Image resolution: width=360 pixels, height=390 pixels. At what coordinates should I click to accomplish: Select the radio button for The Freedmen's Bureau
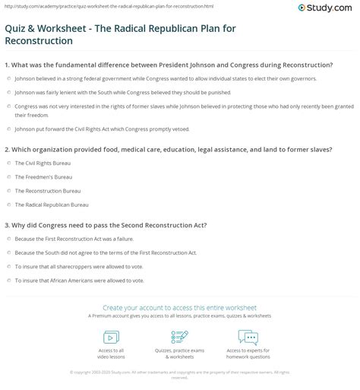tap(8, 176)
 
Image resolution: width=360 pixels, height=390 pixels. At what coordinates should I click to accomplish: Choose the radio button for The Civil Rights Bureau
tap(8, 163)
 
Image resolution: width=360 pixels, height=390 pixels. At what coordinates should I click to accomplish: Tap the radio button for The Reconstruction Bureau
tap(8, 190)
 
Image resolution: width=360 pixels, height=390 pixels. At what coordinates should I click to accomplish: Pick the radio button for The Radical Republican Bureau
tap(8, 204)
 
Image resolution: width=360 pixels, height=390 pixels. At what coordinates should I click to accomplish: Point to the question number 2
tap(7, 149)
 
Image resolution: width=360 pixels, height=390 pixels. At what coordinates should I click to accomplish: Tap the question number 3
tap(7, 226)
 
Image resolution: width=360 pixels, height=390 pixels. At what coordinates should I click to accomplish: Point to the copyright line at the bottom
tap(179, 373)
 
